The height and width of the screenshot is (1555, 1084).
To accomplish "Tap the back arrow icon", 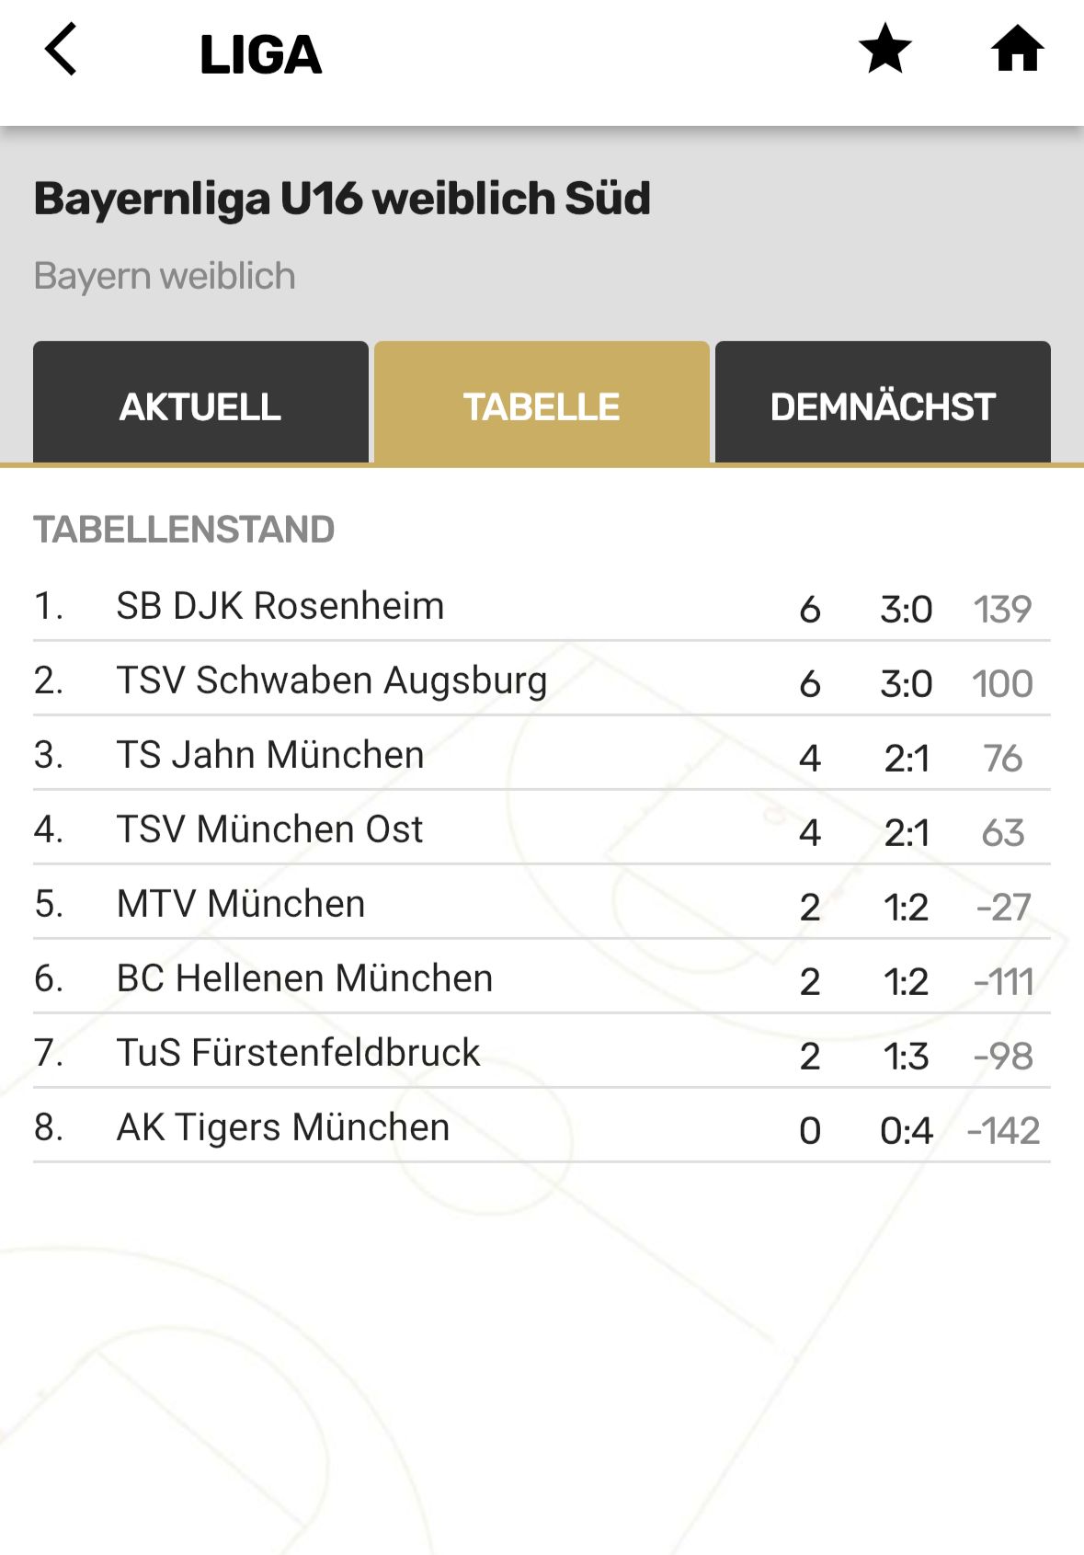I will tap(61, 50).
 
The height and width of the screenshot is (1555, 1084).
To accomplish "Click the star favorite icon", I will tap(884, 50).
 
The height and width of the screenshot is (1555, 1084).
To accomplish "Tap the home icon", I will tap(1017, 50).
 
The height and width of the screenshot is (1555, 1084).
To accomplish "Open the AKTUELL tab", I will tap(200, 406).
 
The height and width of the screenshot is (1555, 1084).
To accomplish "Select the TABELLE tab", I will tap(542, 406).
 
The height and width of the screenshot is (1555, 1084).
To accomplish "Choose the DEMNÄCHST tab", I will tap(883, 406).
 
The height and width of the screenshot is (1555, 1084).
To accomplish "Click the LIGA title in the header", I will tap(260, 54).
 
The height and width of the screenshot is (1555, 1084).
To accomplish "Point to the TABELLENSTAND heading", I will tap(184, 530).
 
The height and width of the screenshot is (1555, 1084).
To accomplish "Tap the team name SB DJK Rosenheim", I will tap(280, 606).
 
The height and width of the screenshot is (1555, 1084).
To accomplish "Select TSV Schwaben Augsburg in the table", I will tap(331, 680).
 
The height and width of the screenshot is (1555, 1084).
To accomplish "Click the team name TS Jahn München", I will tap(269, 755).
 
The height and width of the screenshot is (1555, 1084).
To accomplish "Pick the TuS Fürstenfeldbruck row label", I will tap(298, 1053).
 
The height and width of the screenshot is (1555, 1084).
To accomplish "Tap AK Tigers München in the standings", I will tap(282, 1127).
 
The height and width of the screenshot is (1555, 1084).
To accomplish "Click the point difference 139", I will tap(1002, 609).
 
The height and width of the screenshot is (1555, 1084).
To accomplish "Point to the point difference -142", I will tap(1003, 1130).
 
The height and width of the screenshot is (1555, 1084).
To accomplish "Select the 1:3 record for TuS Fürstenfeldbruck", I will tap(906, 1056).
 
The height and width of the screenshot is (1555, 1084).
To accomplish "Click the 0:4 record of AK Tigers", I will tap(906, 1130).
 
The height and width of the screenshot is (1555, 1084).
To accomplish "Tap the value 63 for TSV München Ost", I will tap(1002, 832).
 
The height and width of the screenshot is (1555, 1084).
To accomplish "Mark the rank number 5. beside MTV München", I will tap(49, 904).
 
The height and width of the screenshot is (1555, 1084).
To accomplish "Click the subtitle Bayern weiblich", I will tap(165, 276).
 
